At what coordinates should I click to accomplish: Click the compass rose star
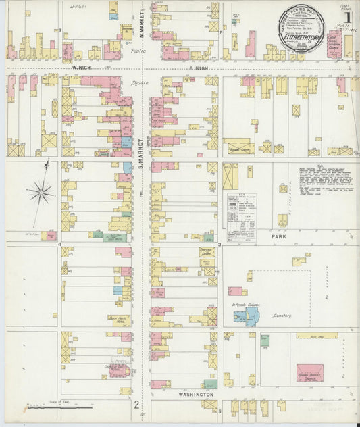coord(41,194)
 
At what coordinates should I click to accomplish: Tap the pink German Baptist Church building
coord(309,372)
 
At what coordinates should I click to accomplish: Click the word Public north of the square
coord(138,50)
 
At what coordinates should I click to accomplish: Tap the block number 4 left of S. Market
coord(59,244)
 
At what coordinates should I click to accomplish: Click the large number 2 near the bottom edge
coord(136,405)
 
